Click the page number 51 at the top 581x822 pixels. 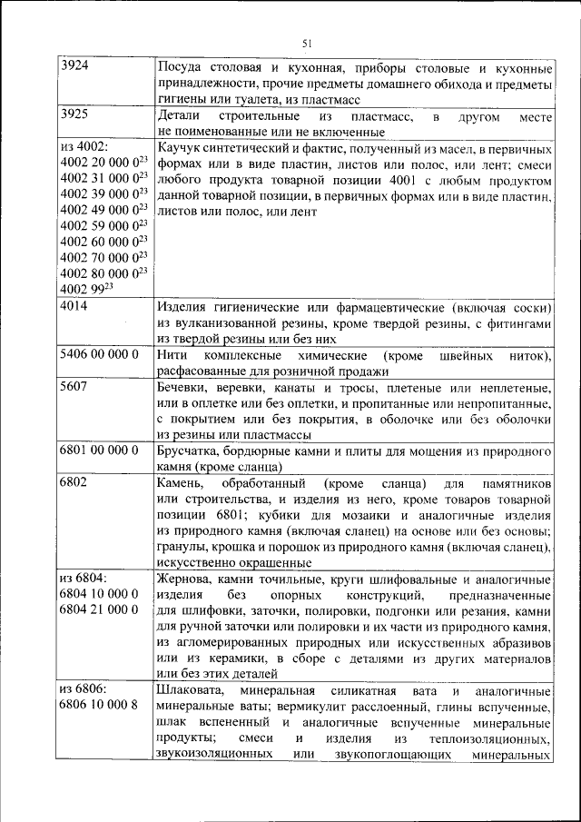tap(306, 43)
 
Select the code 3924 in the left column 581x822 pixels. tap(74, 67)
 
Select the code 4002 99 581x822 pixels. tap(81, 290)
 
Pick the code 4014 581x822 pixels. tap(74, 307)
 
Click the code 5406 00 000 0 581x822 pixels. tap(98, 355)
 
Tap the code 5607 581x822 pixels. tap(74, 388)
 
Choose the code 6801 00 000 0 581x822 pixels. tap(98, 451)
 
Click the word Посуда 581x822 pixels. tap(180, 68)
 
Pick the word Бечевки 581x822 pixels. tap(184, 388)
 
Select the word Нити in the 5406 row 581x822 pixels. tap(172, 355)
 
